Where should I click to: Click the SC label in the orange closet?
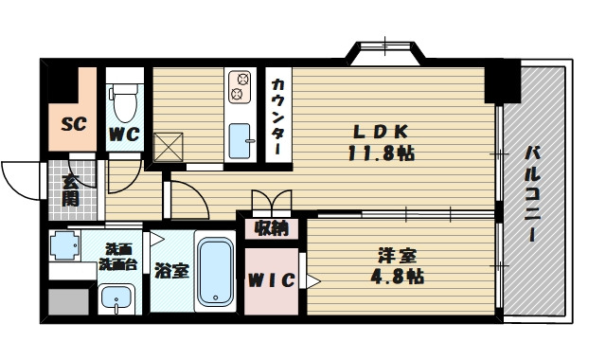pyautogui.click(x=73, y=124)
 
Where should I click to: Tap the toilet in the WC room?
pyautogui.click(x=124, y=102)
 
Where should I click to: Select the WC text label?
pyautogui.click(x=124, y=135)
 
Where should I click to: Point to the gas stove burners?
pyautogui.click(x=240, y=86)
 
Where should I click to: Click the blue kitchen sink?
pyautogui.click(x=240, y=141)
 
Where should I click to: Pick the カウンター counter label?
pyautogui.click(x=277, y=117)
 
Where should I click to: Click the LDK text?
pyautogui.click(x=381, y=133)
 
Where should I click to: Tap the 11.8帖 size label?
pyautogui.click(x=381, y=153)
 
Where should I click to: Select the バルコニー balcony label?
pyautogui.click(x=532, y=193)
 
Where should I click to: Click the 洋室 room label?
pyautogui.click(x=397, y=257)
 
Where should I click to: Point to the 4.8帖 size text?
pyautogui.click(x=397, y=277)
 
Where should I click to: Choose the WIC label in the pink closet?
pyautogui.click(x=272, y=280)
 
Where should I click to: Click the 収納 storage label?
pyautogui.click(x=272, y=228)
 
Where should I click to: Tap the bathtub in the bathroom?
pyautogui.click(x=216, y=271)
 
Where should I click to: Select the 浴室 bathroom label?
pyautogui.click(x=171, y=271)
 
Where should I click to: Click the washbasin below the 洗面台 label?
pyautogui.click(x=116, y=298)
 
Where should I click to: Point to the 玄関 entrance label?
pyautogui.click(x=71, y=190)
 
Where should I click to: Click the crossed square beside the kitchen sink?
pyautogui.click(x=169, y=148)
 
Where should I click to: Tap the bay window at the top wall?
pyautogui.click(x=385, y=53)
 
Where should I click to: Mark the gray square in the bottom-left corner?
pyautogui.click(x=69, y=302)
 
